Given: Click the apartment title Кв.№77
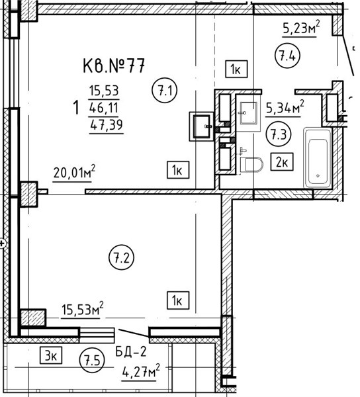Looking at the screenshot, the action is click(x=114, y=66).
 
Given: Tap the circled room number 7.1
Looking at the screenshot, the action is click(x=165, y=91).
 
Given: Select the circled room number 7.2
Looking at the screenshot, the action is click(x=122, y=257).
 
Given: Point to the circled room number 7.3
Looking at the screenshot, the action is click(x=279, y=134).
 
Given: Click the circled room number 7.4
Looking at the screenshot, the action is click(x=287, y=56).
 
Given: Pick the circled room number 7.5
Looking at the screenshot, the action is click(x=92, y=360).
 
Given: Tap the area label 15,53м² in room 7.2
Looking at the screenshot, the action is click(x=83, y=308).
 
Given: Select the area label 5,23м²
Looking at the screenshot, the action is click(x=300, y=27).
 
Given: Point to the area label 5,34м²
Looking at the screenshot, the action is click(x=285, y=107).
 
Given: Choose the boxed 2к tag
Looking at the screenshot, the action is click(x=282, y=162).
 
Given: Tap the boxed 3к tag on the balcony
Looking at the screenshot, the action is click(x=51, y=355).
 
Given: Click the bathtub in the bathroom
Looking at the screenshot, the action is click(x=318, y=157).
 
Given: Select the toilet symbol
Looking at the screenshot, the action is click(x=251, y=164).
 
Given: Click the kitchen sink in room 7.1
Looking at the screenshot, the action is click(x=202, y=126).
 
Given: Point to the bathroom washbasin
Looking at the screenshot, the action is click(x=249, y=113).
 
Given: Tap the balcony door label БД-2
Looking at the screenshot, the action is click(x=131, y=351).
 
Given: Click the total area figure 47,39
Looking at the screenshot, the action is click(x=107, y=124).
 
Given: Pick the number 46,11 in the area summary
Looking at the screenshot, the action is click(x=104, y=108).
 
